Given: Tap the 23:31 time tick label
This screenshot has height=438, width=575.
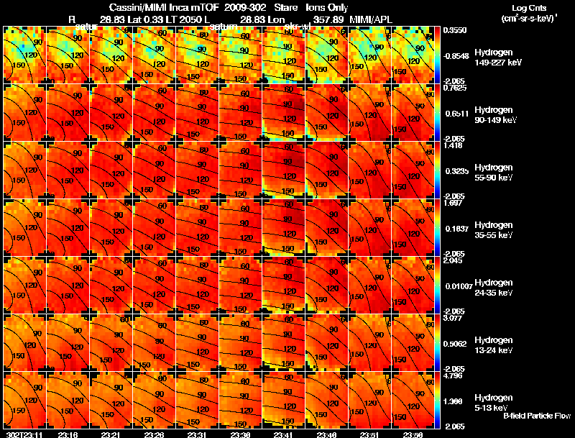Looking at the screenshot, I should tap(198, 434).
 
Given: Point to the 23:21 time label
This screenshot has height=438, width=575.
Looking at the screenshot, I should tap(110, 434).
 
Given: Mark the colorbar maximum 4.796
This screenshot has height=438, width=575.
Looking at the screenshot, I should tap(452, 375).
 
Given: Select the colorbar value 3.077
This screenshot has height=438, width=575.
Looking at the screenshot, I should tap(452, 317).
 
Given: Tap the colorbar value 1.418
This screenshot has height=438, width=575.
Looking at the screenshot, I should tap(452, 145).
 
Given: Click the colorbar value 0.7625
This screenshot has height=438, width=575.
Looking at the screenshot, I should tap(454, 88).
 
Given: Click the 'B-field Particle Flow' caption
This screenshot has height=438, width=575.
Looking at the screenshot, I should tap(537, 415).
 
